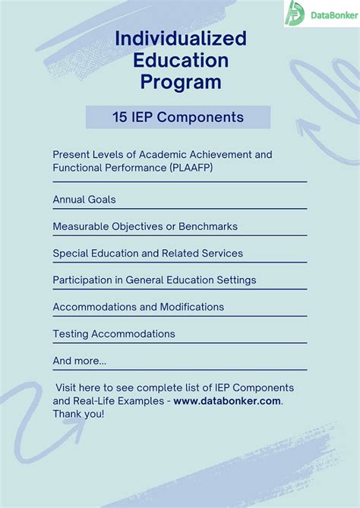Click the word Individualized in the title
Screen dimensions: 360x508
point(181,39)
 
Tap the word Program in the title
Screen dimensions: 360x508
point(181,80)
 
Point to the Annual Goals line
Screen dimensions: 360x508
point(84,199)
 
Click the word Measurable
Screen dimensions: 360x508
point(80,226)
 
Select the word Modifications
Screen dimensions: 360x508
point(191,307)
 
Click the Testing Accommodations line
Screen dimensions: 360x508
point(114,333)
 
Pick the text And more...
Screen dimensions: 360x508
point(80,361)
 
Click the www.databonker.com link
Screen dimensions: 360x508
point(227,400)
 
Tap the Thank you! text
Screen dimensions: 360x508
point(78,414)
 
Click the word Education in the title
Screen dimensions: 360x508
point(181,59)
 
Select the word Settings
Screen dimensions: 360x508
point(233,279)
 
